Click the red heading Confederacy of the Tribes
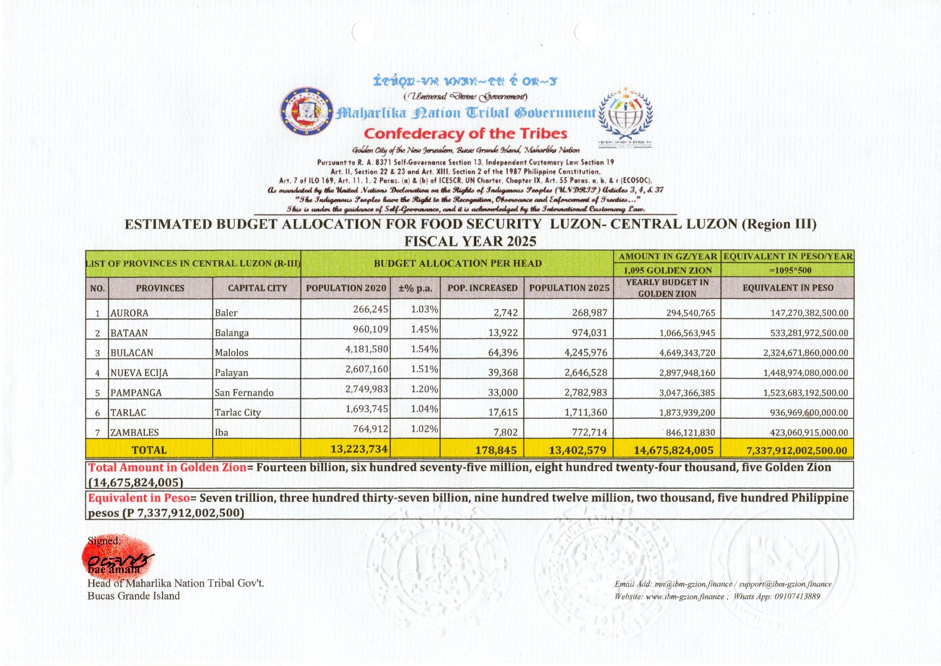pos(466,134)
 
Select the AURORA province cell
pos(130,313)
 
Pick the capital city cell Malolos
pos(232,353)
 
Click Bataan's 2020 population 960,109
pos(370,329)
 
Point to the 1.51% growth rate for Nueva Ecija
pos(424,369)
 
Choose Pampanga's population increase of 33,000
pos(503,393)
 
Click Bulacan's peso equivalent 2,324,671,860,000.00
pos(805,353)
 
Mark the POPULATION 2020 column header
pos(346,288)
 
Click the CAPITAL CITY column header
pos(257,288)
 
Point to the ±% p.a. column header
pos(416,288)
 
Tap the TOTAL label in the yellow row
pos(149,450)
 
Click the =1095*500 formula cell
pos(787,270)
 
